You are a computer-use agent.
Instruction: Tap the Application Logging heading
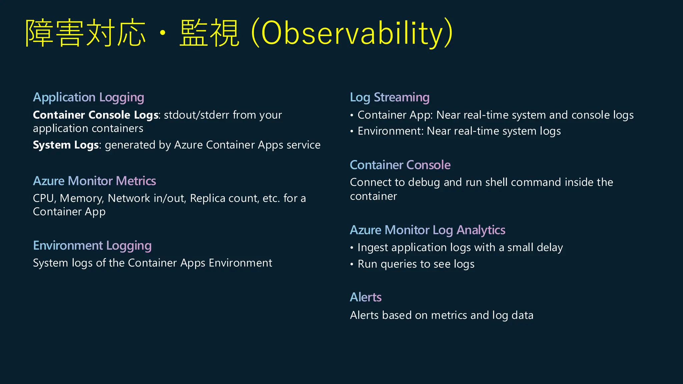[x=88, y=97]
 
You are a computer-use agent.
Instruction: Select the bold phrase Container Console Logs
[x=95, y=115]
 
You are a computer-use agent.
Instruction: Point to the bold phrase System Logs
[x=66, y=145]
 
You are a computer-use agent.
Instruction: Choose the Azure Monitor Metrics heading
[x=94, y=181]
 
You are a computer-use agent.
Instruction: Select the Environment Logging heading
[x=92, y=246]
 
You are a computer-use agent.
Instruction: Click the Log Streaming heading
[x=390, y=97]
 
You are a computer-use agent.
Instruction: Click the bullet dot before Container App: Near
[x=352, y=116]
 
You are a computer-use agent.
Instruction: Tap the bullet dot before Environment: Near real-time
[x=352, y=132]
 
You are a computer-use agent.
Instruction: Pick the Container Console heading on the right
[x=400, y=165]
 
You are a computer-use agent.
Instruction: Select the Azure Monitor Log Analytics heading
[x=427, y=230]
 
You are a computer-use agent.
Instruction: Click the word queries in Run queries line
[x=399, y=264]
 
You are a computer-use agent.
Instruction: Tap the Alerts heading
[x=366, y=297]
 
